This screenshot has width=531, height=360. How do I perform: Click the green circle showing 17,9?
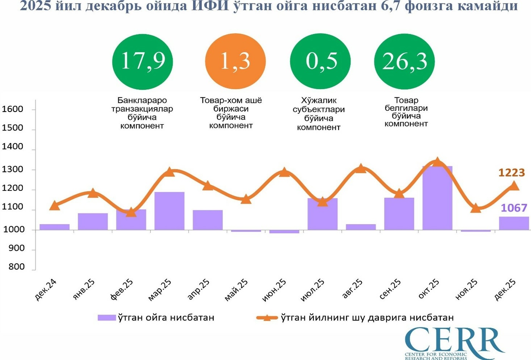(143, 61)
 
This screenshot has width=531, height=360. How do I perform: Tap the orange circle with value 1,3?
(235, 61)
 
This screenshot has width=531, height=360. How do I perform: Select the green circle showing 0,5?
(320, 61)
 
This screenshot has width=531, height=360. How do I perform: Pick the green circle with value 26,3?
(404, 61)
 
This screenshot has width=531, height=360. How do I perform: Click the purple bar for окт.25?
(437, 198)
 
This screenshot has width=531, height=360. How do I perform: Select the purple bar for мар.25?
(169, 211)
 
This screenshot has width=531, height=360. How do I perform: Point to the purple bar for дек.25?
(514, 223)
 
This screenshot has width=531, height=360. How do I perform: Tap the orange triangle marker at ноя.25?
(476, 208)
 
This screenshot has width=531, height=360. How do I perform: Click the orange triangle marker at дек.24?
(54, 206)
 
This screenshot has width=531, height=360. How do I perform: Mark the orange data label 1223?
(511, 173)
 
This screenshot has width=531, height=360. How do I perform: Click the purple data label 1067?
(514, 208)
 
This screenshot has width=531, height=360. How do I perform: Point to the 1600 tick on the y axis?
(13, 109)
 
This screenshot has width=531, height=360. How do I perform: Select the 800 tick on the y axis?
(16, 267)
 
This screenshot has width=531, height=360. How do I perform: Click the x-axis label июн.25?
(274, 291)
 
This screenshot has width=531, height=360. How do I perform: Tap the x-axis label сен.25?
(390, 290)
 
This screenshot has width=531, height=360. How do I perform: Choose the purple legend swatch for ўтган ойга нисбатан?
(107, 318)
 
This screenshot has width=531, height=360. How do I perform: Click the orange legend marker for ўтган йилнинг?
(267, 318)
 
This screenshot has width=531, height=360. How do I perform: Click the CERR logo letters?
(453, 340)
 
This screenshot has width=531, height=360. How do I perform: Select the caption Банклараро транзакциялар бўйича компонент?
(142, 113)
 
